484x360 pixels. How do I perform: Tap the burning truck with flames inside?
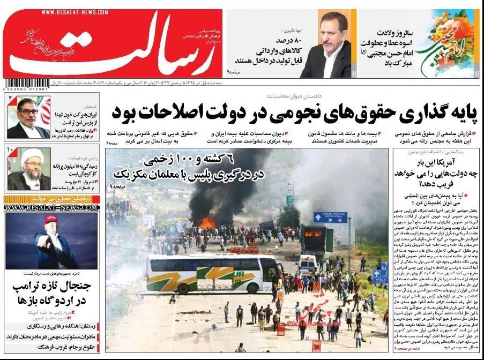coord(313,238)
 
